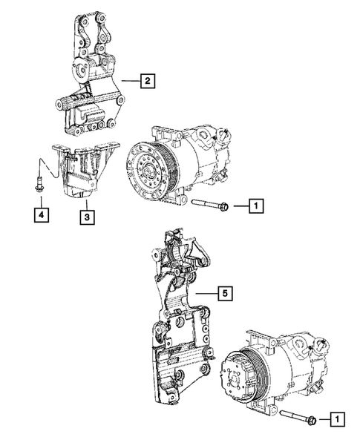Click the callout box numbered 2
click(148, 83)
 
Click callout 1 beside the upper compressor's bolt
click(255, 206)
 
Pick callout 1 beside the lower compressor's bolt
click(336, 420)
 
